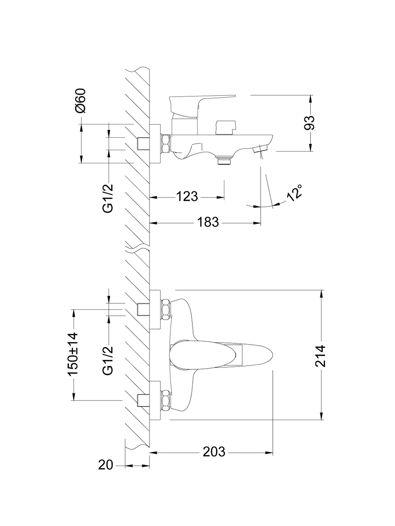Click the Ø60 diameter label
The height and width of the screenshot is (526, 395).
(x=81, y=101)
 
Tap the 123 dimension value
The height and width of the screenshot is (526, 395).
(x=187, y=197)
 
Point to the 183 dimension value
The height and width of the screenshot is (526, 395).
(x=208, y=222)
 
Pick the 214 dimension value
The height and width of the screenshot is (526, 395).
(x=321, y=355)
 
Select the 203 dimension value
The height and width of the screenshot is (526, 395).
(x=214, y=452)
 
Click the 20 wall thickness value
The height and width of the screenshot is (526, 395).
(x=106, y=465)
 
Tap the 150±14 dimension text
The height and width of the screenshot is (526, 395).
(x=73, y=354)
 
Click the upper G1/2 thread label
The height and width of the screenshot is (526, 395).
(x=108, y=198)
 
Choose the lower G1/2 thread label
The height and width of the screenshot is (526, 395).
(x=108, y=360)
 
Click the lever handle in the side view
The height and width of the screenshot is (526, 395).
(x=199, y=101)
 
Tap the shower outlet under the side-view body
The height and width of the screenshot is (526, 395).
(x=224, y=160)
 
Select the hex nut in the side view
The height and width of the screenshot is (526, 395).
(x=165, y=144)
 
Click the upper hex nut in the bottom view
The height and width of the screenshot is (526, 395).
(x=165, y=310)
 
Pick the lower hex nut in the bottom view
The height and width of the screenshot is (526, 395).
(x=165, y=400)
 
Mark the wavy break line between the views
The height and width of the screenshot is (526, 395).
(x=137, y=250)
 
